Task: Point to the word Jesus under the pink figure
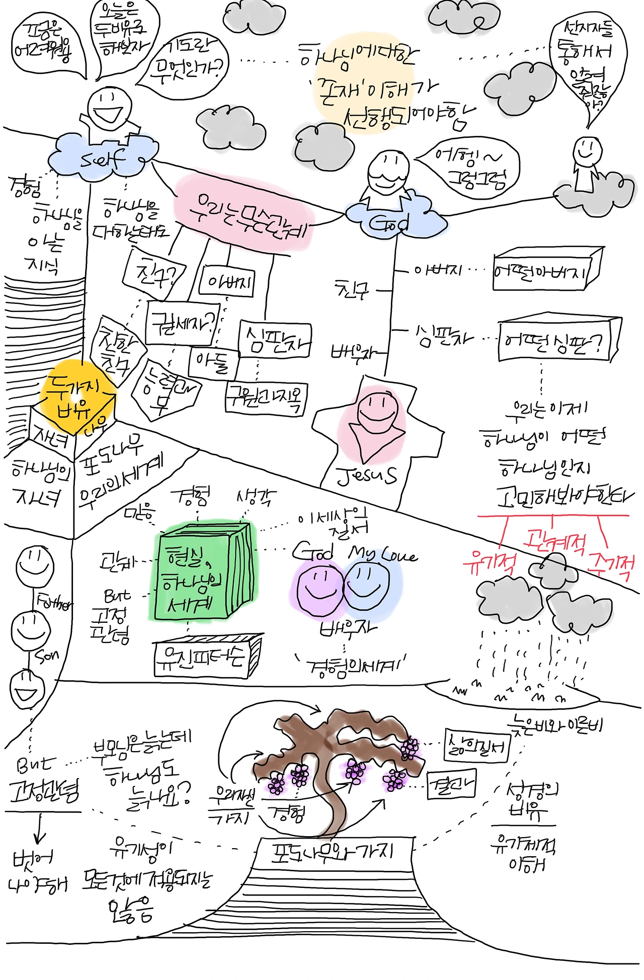click(366, 475)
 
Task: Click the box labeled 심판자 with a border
click(275, 340)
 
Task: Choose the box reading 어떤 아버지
click(546, 272)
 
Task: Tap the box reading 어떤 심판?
click(556, 342)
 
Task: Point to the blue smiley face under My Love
click(367, 584)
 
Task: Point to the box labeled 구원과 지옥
click(265, 399)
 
